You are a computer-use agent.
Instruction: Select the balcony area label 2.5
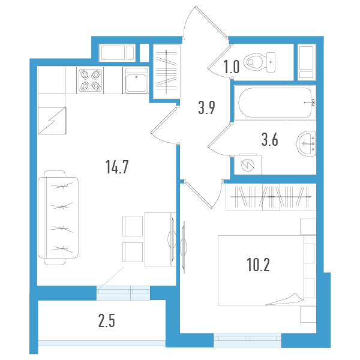point(106,320)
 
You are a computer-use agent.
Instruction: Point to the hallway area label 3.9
point(207,108)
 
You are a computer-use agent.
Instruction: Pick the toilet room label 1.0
point(232,66)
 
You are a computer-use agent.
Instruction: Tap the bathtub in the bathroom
point(274,103)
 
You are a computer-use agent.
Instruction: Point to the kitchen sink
point(136,80)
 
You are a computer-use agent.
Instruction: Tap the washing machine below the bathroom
point(247,163)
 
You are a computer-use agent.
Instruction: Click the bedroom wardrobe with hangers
point(270,197)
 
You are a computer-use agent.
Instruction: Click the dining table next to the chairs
point(158,239)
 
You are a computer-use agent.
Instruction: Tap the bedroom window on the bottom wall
point(247,340)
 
